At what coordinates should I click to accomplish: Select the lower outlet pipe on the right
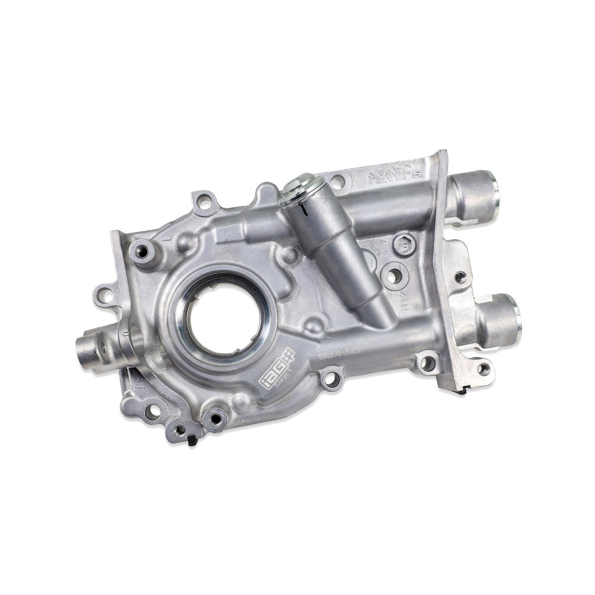point(500,320)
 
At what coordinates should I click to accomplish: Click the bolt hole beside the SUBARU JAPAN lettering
point(338,182)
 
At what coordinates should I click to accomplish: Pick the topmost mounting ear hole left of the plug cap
point(204,202)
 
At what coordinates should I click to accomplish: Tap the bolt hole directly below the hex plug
point(393,275)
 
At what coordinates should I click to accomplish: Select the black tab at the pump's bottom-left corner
point(192,440)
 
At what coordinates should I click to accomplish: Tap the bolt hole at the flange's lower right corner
point(483,368)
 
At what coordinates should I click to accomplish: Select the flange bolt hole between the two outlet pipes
point(460,277)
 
